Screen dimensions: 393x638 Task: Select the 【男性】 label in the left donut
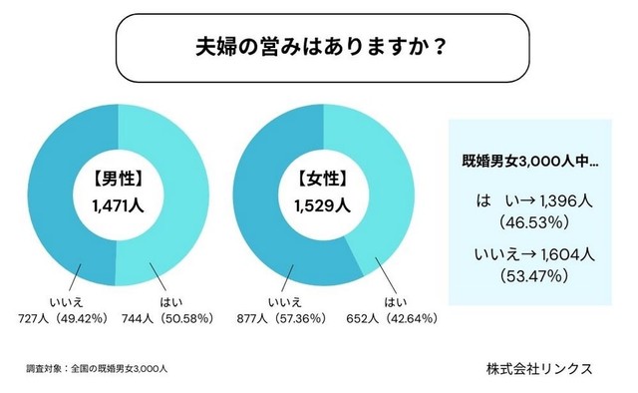point(118,181)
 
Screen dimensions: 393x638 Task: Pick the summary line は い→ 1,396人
point(533,201)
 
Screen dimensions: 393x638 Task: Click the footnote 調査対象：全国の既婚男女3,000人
point(96,368)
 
